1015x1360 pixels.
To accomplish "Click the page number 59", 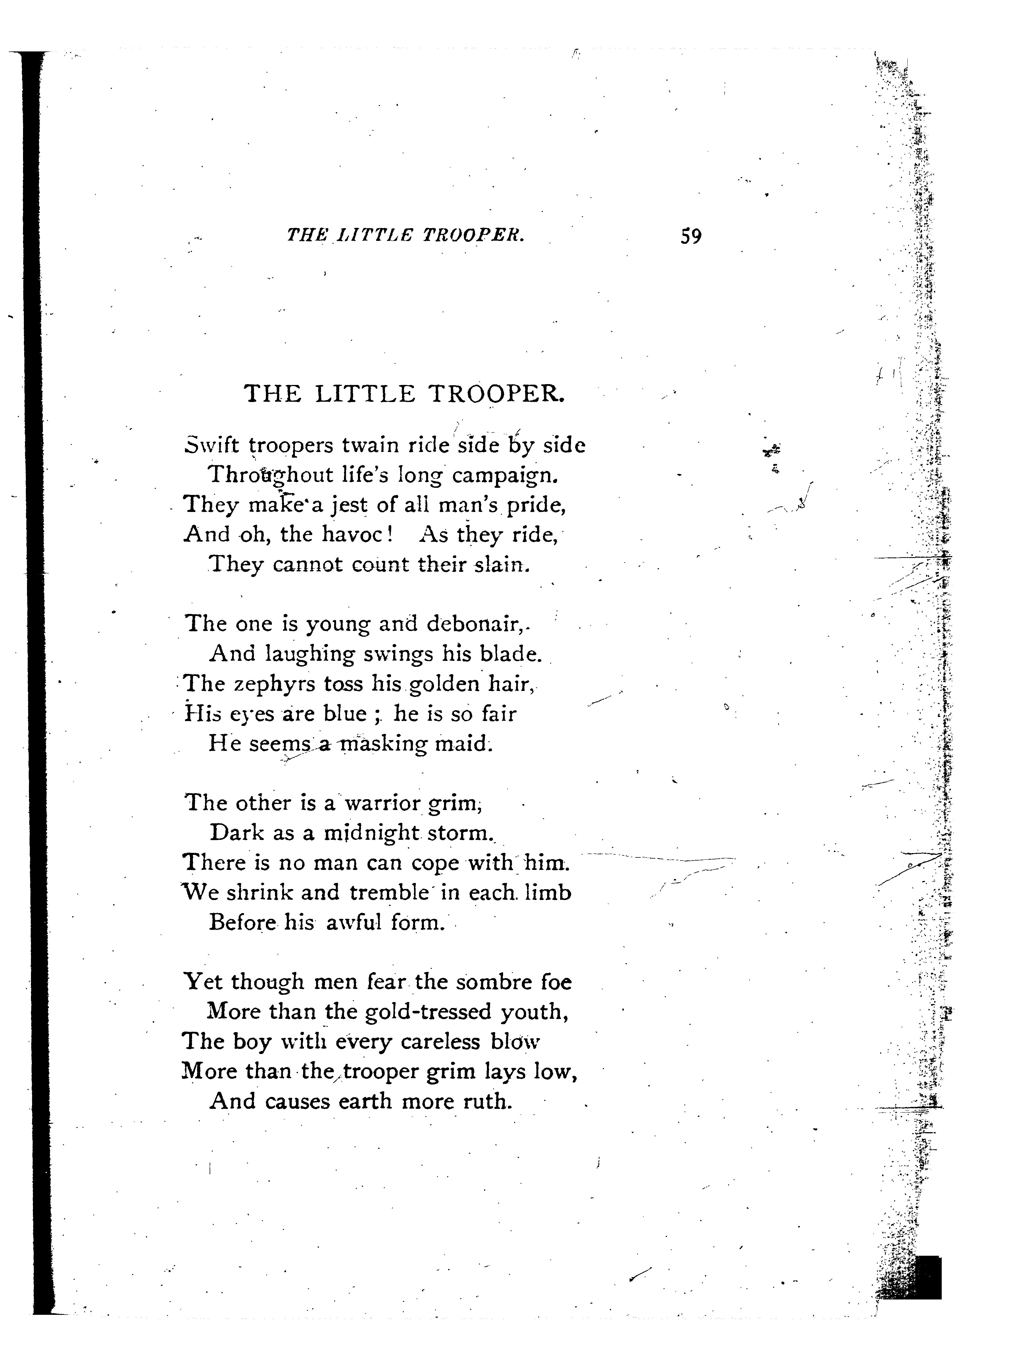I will [x=691, y=236].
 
